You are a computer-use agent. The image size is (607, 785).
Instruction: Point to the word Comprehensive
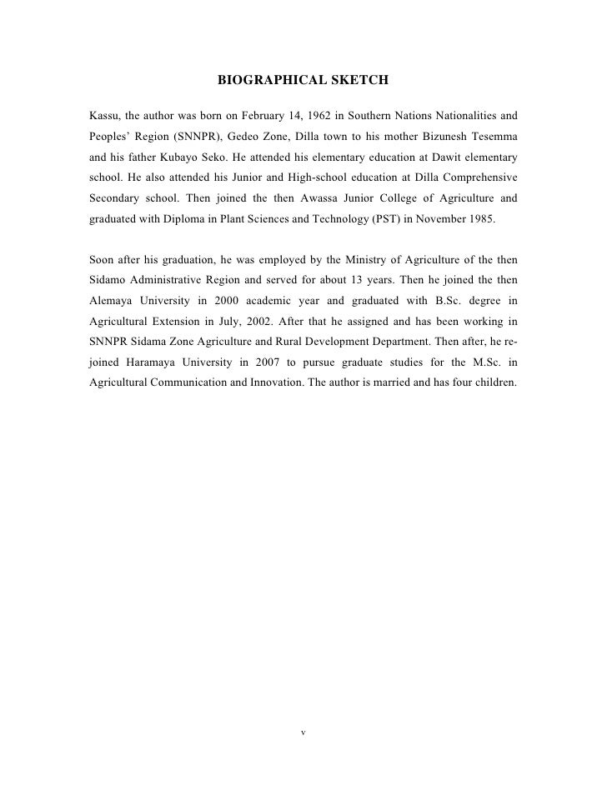pos(479,178)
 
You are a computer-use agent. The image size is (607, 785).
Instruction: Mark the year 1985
pos(479,222)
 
